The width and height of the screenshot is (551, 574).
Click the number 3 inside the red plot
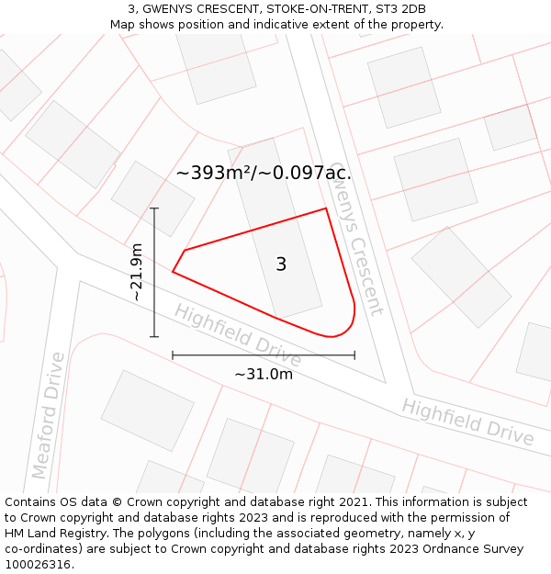[x=281, y=264]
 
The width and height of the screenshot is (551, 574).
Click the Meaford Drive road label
[x=49, y=415]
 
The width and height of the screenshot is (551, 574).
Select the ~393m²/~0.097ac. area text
[x=264, y=173]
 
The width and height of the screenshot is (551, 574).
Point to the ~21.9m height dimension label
[x=136, y=272]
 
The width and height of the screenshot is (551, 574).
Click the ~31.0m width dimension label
[x=264, y=374]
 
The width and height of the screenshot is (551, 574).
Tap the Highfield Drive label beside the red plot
[x=238, y=333]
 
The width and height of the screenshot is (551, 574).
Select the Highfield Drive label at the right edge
[x=467, y=422]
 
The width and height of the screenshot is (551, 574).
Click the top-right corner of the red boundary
[x=326, y=209]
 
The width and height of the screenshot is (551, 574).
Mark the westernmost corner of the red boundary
[x=173, y=271]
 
